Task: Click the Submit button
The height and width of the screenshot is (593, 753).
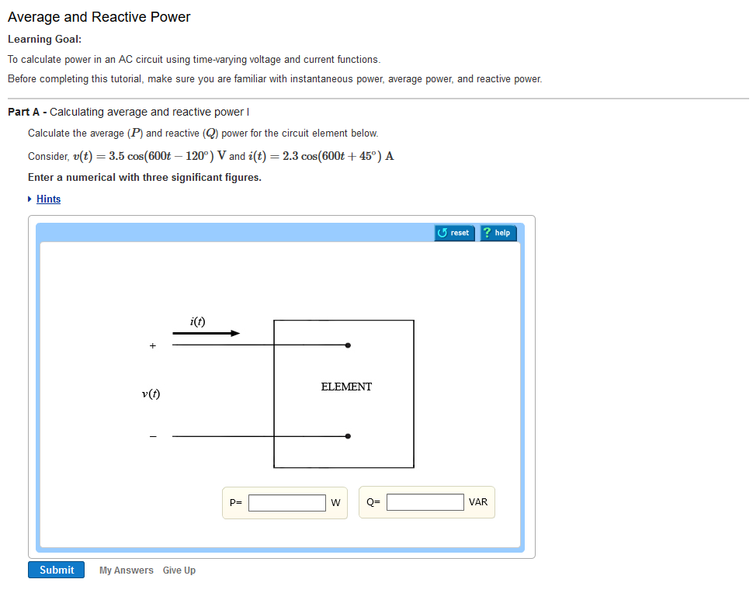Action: (x=56, y=570)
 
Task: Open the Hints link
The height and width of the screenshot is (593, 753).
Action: (x=48, y=199)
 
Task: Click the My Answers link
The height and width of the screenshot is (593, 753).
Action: (x=126, y=570)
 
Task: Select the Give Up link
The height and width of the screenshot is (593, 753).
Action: (x=179, y=570)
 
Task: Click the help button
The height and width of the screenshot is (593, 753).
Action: (x=497, y=233)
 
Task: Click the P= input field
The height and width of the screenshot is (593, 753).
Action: (x=286, y=503)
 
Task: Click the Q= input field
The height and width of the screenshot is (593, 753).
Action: (x=425, y=502)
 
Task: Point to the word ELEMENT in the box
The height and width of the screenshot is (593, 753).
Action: (x=346, y=387)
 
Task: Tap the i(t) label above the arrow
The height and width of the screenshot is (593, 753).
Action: (x=197, y=321)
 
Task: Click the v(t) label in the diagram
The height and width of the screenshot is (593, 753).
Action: (x=151, y=394)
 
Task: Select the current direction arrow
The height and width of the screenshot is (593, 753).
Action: (x=206, y=334)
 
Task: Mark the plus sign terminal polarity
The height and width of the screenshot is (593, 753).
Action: (x=153, y=345)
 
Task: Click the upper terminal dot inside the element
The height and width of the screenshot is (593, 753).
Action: (x=348, y=345)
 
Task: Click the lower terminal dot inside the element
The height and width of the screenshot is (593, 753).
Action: (x=348, y=436)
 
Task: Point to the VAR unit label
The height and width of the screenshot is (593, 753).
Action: (x=478, y=502)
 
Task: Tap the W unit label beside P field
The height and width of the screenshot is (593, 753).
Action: (x=335, y=503)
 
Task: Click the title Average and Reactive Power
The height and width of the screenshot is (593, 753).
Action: (x=99, y=17)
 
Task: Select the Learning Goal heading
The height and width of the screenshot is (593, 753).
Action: (x=44, y=39)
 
